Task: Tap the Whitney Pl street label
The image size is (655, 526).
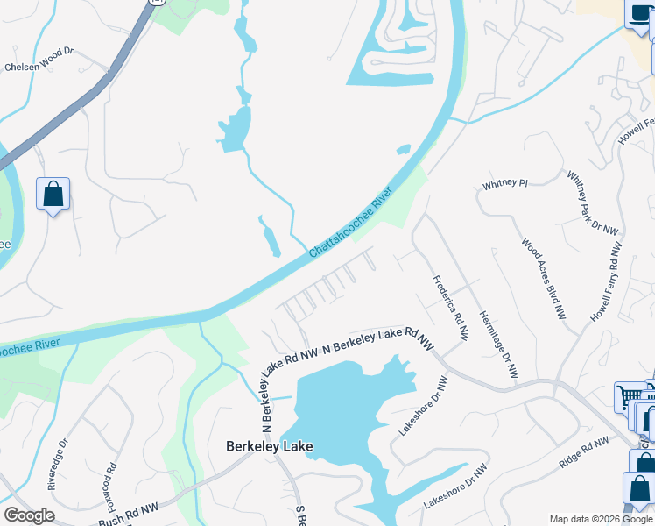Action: click(505, 185)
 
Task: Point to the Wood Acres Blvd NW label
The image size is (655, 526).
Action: click(543, 278)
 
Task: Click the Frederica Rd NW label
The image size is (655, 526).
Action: click(451, 309)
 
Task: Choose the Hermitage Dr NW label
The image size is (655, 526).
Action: click(497, 345)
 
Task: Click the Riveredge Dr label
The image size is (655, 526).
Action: click(55, 464)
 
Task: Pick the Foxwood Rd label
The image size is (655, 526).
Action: click(109, 486)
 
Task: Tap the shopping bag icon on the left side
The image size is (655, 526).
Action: click(53, 195)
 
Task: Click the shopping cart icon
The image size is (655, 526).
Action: click(630, 397)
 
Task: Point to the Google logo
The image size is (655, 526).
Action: click(29, 515)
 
